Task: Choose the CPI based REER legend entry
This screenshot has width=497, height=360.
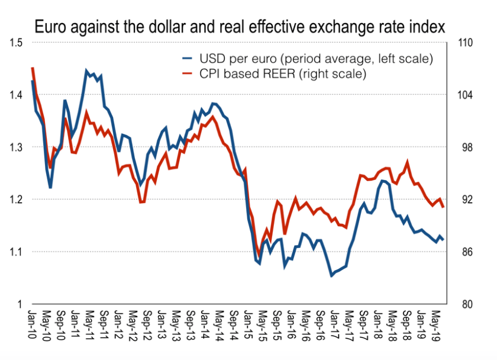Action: coord(283,73)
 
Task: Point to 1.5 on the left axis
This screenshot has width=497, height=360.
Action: coord(17,43)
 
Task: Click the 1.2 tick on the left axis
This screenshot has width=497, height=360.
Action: coord(17,200)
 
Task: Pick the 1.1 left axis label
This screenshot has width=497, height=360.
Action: coord(17,252)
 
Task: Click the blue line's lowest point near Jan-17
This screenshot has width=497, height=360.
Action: coord(332,276)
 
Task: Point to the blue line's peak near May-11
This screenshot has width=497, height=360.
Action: coord(87,70)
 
